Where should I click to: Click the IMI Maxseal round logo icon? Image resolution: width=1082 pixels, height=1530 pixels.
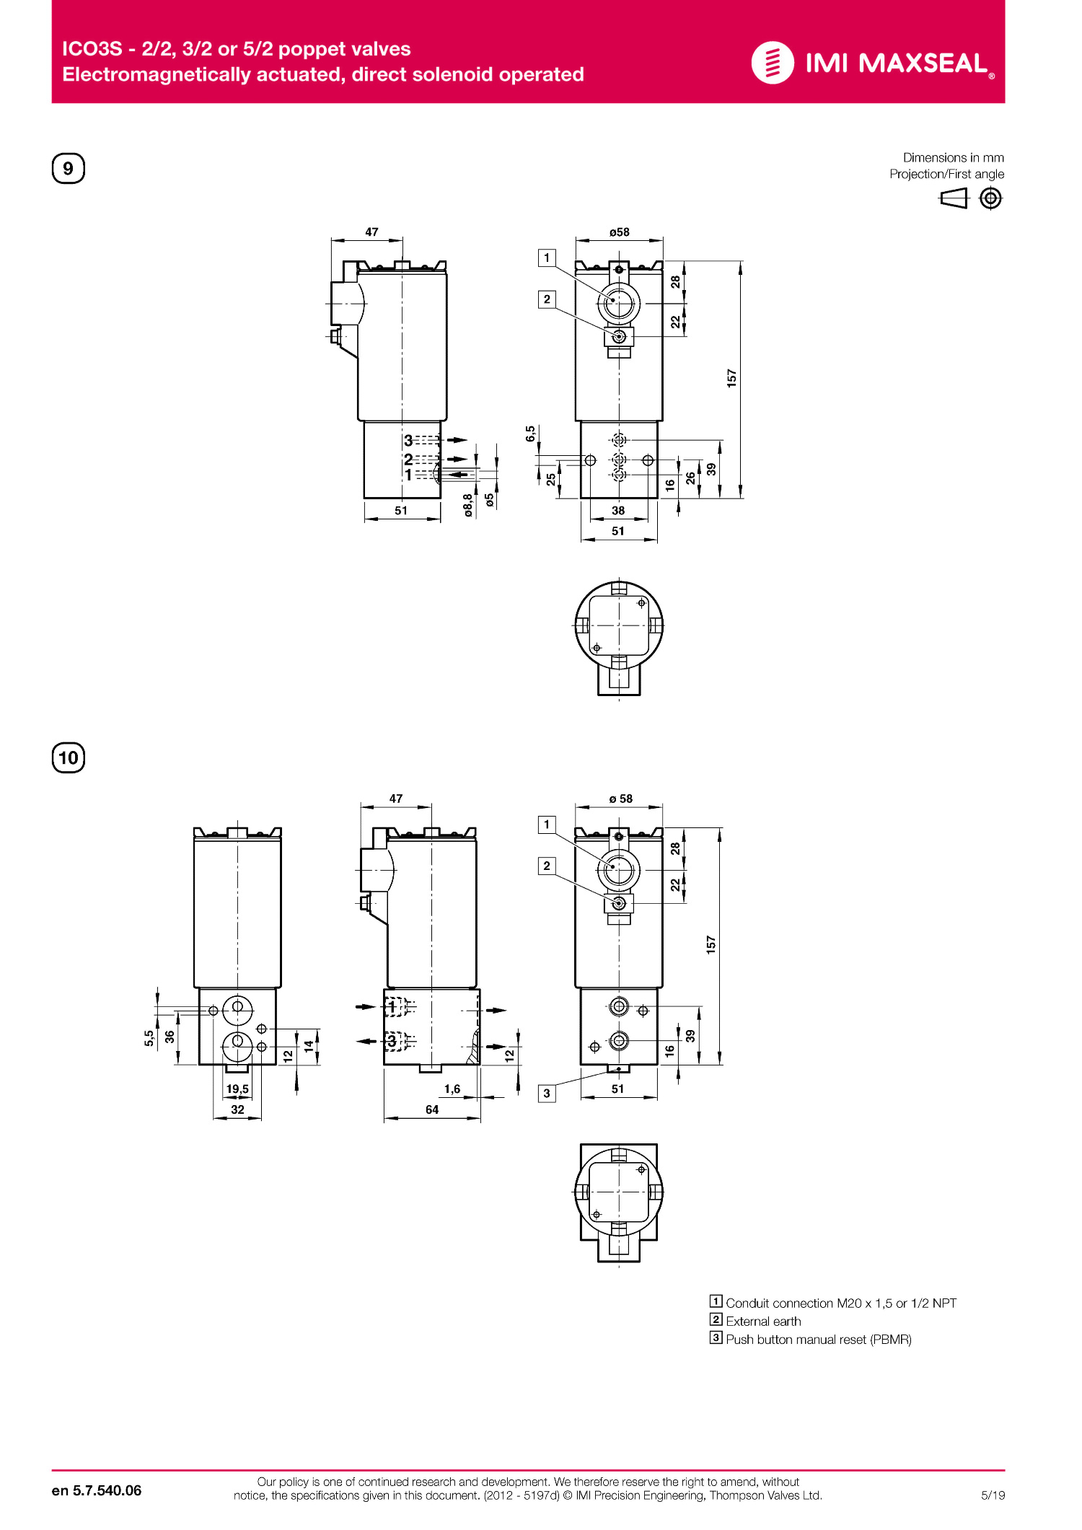click(x=773, y=63)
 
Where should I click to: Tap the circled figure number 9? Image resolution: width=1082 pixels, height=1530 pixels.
click(x=69, y=168)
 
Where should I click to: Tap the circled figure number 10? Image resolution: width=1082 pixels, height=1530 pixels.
click(x=69, y=757)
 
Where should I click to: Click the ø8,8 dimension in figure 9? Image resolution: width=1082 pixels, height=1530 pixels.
click(x=468, y=505)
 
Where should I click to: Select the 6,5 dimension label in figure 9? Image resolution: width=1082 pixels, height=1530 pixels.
click(x=531, y=434)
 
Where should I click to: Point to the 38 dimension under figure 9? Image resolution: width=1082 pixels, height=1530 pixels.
click(x=618, y=511)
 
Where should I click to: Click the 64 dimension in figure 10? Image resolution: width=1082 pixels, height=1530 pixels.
click(x=432, y=1109)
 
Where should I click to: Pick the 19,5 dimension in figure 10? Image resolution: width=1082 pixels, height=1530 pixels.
click(x=237, y=1089)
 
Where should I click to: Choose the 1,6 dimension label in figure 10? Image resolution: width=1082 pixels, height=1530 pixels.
click(x=452, y=1089)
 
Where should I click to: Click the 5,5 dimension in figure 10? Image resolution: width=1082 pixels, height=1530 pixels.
click(x=149, y=1037)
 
